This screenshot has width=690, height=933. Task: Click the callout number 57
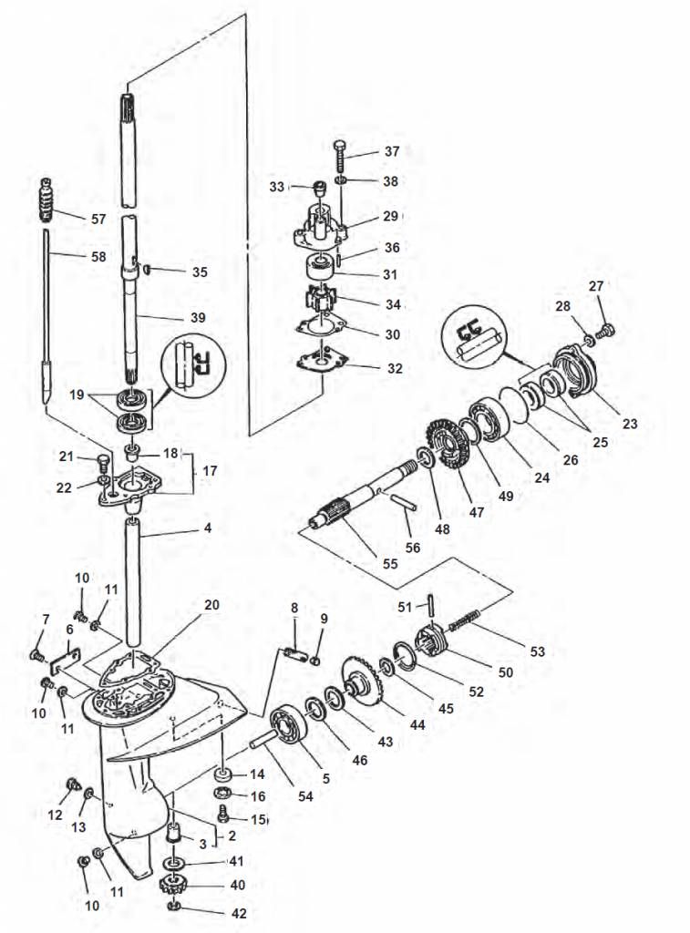coord(98,219)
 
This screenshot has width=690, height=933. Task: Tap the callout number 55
coord(390,564)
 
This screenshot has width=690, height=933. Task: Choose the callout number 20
coord(211,605)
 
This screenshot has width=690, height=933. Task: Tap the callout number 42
coord(237,912)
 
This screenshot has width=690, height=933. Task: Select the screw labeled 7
coord(37,654)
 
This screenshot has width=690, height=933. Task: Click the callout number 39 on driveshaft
coord(197,318)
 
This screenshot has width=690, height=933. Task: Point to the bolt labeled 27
coord(612,328)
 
